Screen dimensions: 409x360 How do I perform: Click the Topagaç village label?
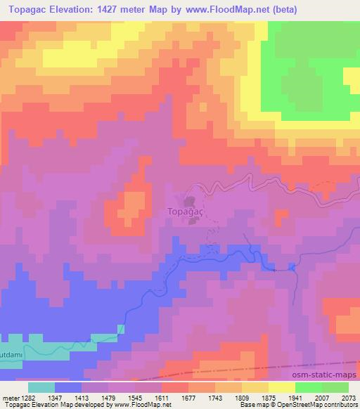pos(187,209)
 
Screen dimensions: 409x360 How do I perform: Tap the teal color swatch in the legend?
pos(41,387)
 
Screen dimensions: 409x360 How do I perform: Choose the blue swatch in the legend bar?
pos(68,387)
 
